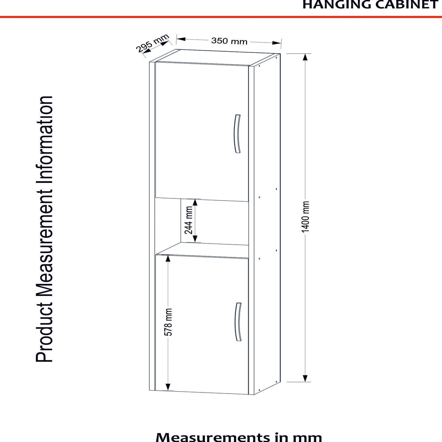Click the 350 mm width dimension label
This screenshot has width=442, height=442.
(229, 41)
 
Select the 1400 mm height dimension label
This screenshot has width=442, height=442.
(305, 217)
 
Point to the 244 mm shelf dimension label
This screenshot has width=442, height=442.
(189, 220)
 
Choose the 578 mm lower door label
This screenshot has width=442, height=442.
(168, 322)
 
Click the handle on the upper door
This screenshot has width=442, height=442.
(238, 134)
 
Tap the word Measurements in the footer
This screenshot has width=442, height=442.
(213, 437)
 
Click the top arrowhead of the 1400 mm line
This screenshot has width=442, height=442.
(305, 57)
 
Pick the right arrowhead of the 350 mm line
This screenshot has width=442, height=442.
(277, 43)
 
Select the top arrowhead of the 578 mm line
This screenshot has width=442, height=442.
(168, 259)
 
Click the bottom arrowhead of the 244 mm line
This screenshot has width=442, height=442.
(195, 239)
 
